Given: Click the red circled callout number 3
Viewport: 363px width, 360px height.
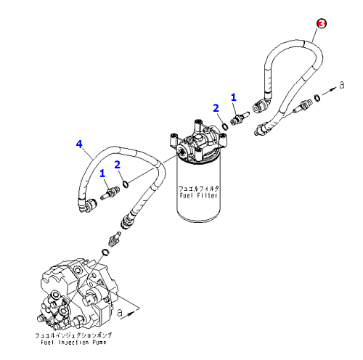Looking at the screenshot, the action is coord(322,24).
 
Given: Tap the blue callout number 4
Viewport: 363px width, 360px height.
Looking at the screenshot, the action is coord(79,144).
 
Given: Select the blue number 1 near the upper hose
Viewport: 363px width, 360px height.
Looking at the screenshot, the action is coord(233,97).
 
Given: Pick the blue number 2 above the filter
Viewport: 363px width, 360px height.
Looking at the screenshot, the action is coord(216,108).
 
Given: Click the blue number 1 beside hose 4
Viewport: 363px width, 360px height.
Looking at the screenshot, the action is coord(102,173).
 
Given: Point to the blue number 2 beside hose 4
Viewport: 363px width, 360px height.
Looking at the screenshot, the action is coord(118,165).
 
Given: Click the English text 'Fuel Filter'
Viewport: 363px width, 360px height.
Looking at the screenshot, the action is coord(198,195).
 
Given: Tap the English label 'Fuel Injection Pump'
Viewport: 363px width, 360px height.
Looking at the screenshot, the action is coord(73,343).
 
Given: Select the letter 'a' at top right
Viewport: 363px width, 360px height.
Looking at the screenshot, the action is coord(341,85).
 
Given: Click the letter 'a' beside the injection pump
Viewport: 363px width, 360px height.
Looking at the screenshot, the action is coord(120,313).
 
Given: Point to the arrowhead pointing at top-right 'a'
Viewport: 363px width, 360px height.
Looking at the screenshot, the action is coord(333,89).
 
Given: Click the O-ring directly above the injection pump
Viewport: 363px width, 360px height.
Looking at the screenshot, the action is coord(105,252).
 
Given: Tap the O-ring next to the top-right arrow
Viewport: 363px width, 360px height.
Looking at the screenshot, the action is coord(317,97).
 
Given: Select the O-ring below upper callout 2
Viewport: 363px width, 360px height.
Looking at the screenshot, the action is coord(225,126).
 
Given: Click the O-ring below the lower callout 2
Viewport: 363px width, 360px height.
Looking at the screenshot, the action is coord(126,184).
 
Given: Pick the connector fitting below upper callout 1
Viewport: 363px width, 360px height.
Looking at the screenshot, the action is coord(239,118).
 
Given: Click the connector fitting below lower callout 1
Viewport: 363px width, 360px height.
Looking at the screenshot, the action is coord(110,192).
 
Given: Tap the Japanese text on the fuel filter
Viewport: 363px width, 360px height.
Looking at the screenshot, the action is coord(199,188).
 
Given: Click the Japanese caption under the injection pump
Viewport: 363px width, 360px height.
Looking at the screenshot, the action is coord(73,335).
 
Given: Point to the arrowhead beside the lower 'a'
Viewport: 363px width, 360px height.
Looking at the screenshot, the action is coord(131,314).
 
